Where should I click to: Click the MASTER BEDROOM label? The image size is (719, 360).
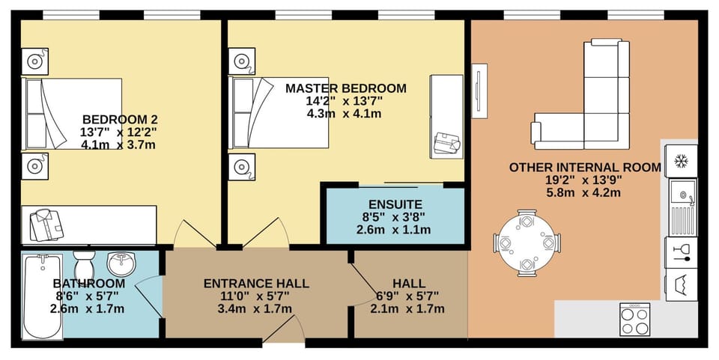click(345, 88)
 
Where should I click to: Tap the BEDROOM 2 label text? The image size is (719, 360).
click(120, 119)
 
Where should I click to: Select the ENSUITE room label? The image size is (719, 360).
click(395, 204)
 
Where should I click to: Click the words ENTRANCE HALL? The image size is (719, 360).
click(256, 284)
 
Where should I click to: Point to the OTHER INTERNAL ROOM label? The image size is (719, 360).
click(585, 168)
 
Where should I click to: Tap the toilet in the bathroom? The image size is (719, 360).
click(83, 263)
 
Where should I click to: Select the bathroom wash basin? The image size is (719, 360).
click(122, 263)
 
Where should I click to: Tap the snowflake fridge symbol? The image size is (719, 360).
click(682, 161)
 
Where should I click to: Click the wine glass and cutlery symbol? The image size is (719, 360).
click(682, 251)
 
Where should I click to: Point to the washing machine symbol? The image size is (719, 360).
click(682, 284)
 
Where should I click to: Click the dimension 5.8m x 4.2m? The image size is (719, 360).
click(585, 192)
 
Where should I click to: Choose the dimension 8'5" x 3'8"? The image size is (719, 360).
click(395, 216)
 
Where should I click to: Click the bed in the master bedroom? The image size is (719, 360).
click(281, 112)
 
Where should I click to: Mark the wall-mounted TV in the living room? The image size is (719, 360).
click(480, 90)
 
